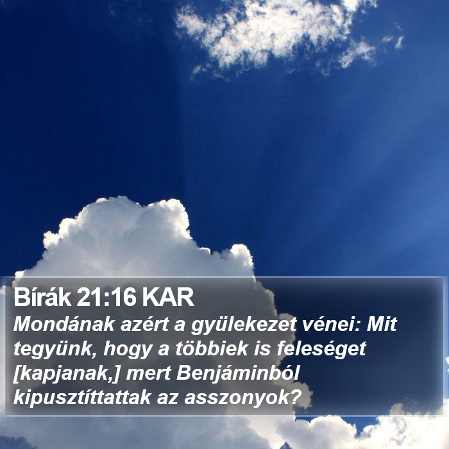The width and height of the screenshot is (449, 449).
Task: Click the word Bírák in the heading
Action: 42,297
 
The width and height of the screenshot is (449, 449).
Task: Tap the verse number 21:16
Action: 106,298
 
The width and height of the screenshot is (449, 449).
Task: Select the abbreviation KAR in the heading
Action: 168,298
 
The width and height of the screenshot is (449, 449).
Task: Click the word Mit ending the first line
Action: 382,324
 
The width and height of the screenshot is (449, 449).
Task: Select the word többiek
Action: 212,348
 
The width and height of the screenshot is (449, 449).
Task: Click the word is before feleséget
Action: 262,348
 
